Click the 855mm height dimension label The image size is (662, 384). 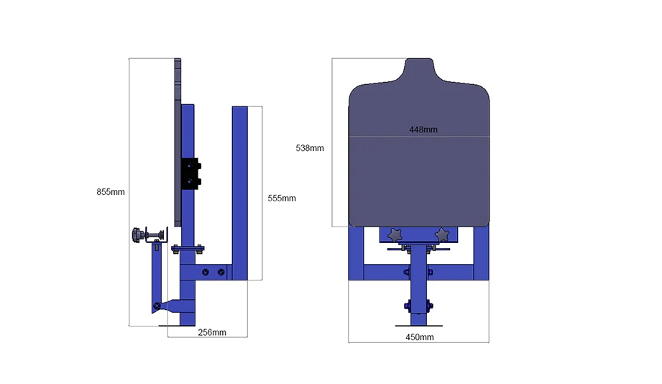point(111,192)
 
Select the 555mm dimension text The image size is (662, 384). point(282,198)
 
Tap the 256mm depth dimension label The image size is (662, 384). point(212,332)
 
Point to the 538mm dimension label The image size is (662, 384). point(310,148)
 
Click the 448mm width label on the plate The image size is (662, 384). point(423,129)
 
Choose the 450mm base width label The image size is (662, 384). point(419,337)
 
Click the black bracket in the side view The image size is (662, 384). point(191,173)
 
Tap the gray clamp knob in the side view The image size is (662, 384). point(137,235)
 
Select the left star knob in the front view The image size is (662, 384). point(395,235)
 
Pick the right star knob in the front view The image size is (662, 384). point(442,235)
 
